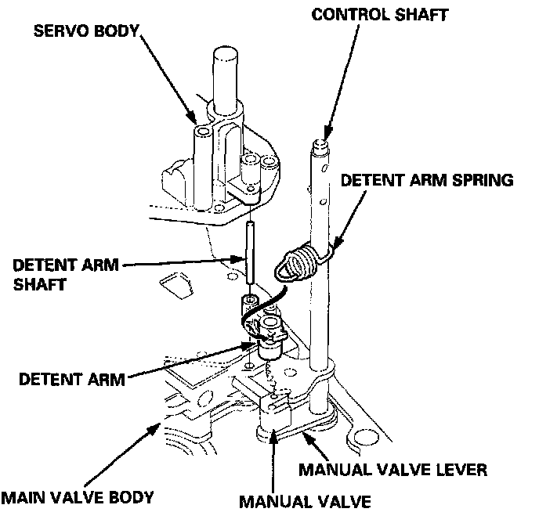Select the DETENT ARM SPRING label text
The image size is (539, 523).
coord(426,180)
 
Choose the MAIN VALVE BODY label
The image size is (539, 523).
coord(77,497)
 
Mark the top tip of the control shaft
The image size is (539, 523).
coord(320,143)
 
